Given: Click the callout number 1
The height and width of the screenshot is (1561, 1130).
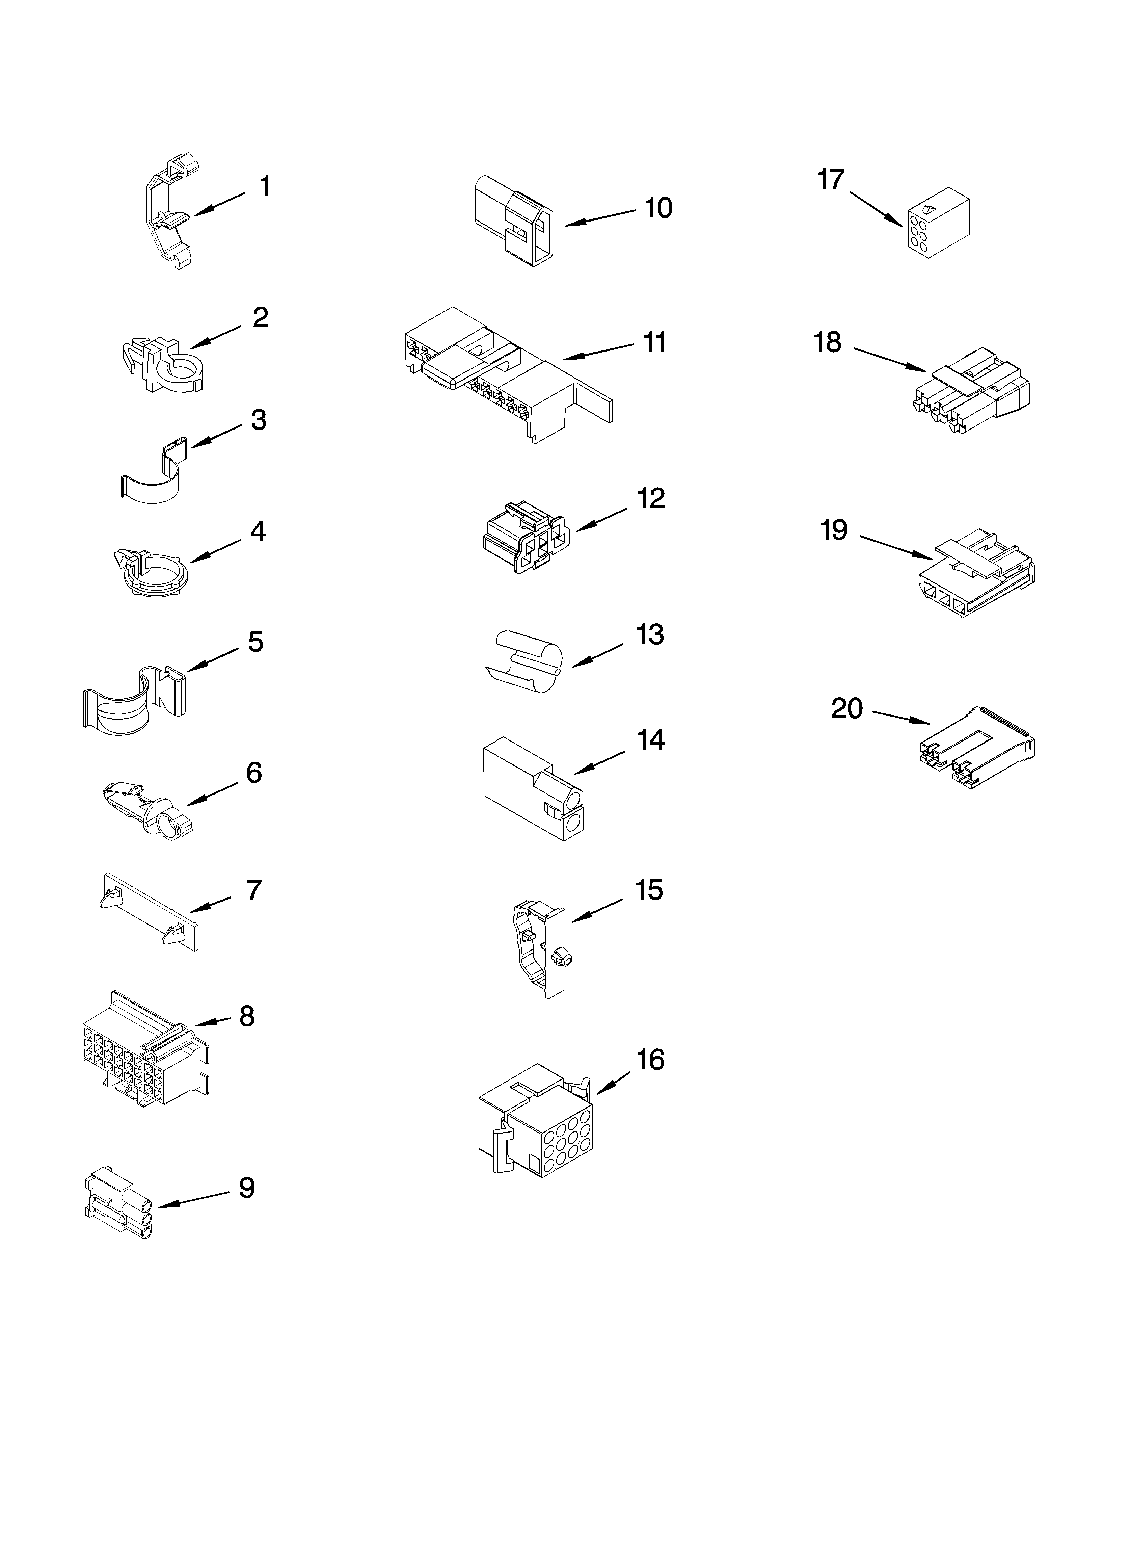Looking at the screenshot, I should pos(265,186).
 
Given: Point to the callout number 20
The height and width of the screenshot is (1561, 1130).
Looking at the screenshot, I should pos(846,708).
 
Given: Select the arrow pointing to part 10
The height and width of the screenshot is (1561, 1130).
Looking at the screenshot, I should pos(599,217).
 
